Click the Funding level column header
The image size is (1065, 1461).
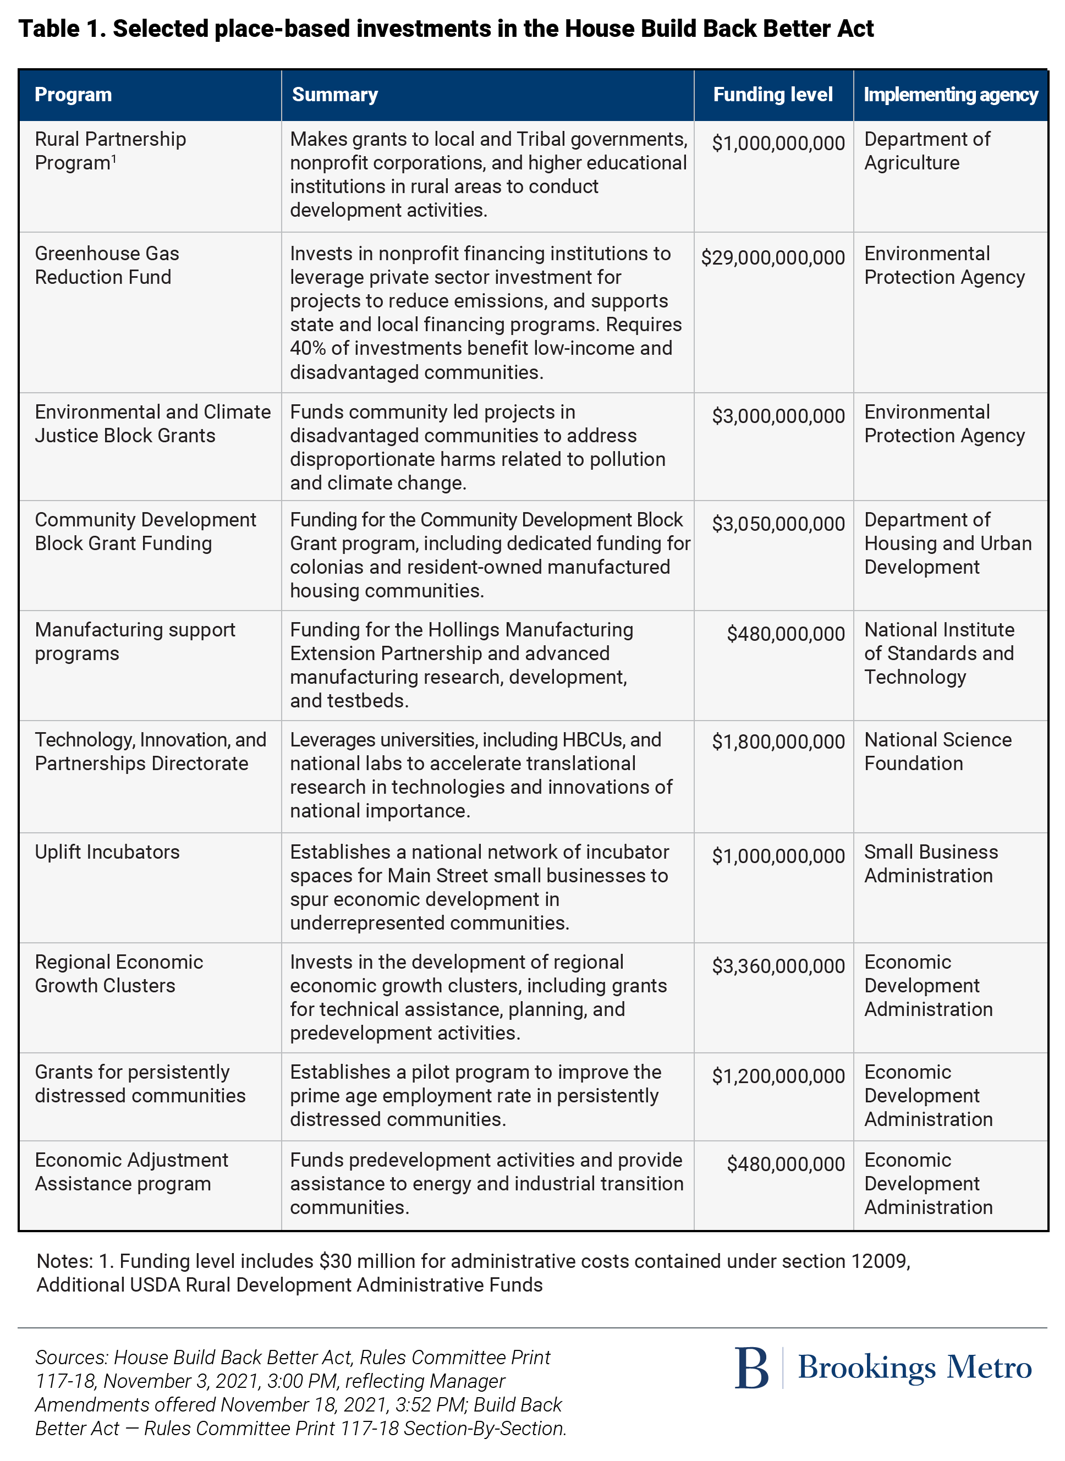point(772,95)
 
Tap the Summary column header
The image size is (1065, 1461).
point(334,95)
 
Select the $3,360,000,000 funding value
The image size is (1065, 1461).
point(777,966)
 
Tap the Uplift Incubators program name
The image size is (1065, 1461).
point(107,852)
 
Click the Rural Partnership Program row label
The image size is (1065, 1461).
point(109,151)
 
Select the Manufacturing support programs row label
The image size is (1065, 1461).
point(135,641)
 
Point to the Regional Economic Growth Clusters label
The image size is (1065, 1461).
point(119,974)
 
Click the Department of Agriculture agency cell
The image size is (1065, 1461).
point(926,151)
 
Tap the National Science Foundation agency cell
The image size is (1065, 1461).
point(937,751)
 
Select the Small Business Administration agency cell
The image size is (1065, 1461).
point(930,864)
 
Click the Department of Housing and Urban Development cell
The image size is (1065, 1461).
point(947,543)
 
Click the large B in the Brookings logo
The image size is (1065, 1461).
point(751,1367)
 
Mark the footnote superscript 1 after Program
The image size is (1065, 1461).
point(114,158)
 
